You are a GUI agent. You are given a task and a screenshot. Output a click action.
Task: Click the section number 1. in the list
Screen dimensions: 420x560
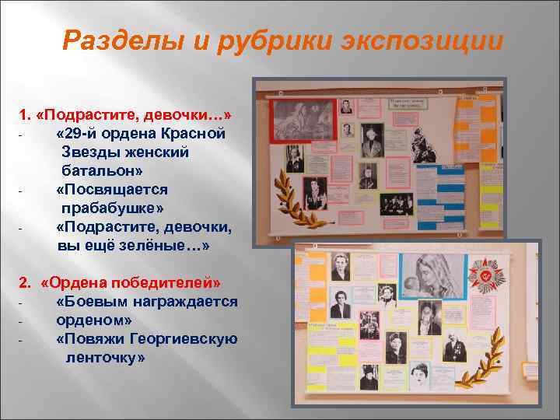(x=25, y=115)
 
